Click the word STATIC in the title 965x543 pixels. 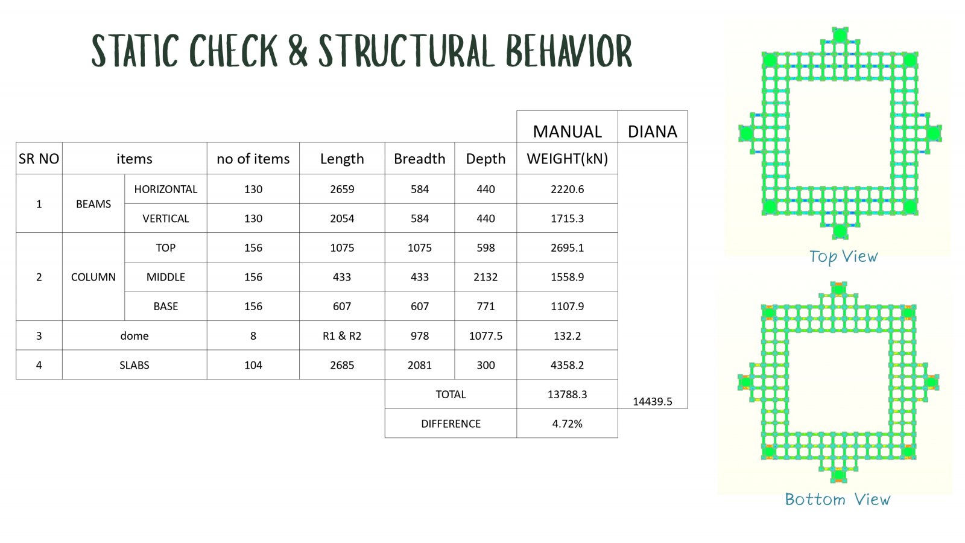tap(135, 51)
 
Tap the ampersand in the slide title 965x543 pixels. tap(298, 51)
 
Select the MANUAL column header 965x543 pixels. tap(567, 132)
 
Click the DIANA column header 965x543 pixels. tap(652, 132)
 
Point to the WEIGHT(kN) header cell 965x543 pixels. tap(567, 159)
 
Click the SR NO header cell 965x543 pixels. tap(39, 159)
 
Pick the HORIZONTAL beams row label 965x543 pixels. tap(165, 189)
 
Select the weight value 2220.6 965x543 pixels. tap(567, 189)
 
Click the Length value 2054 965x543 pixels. tap(342, 218)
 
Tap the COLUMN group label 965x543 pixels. tap(93, 277)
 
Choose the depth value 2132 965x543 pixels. tap(486, 277)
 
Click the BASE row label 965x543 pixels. tap(165, 306)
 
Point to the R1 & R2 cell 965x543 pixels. tap(342, 335)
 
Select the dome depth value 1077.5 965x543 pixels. tap(486, 335)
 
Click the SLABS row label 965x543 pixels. tap(134, 365)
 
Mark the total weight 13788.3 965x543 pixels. tap(567, 395)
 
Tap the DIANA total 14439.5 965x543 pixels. tap(652, 402)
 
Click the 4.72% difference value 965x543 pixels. tap(567, 424)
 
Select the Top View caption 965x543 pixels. tap(843, 257)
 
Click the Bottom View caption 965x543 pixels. tap(838, 500)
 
